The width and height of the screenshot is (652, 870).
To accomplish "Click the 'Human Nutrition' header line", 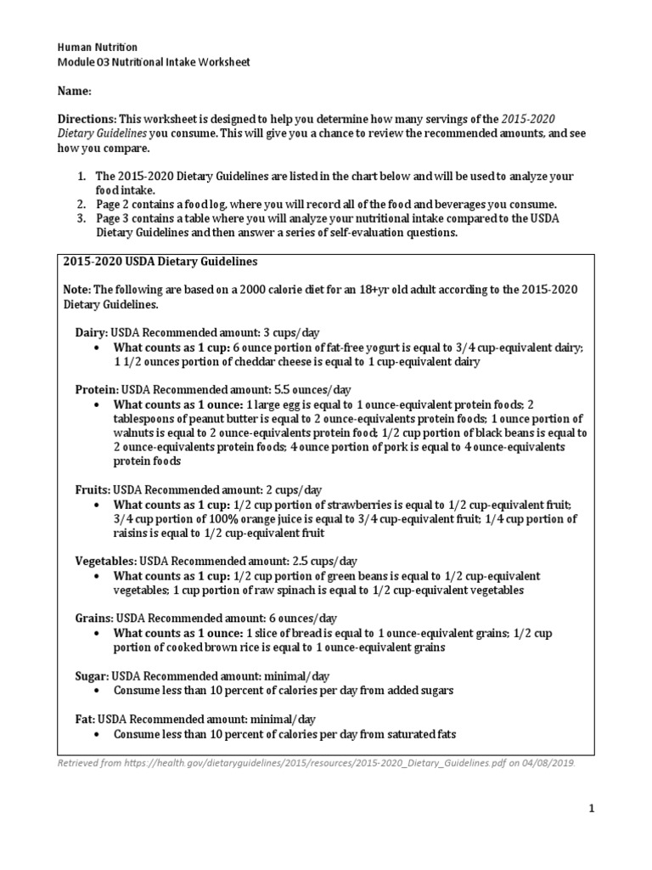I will point(97,47).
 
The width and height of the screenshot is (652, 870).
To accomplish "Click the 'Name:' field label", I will point(74,91).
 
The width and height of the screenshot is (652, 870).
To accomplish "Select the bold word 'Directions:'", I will point(87,119).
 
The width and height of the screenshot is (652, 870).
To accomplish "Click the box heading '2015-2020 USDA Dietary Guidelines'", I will point(160,261).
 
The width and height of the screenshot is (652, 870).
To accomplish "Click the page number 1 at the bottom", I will point(592,810).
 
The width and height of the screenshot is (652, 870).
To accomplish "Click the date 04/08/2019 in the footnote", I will point(546,763).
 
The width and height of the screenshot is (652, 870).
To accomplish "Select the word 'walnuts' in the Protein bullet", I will point(134,433).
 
